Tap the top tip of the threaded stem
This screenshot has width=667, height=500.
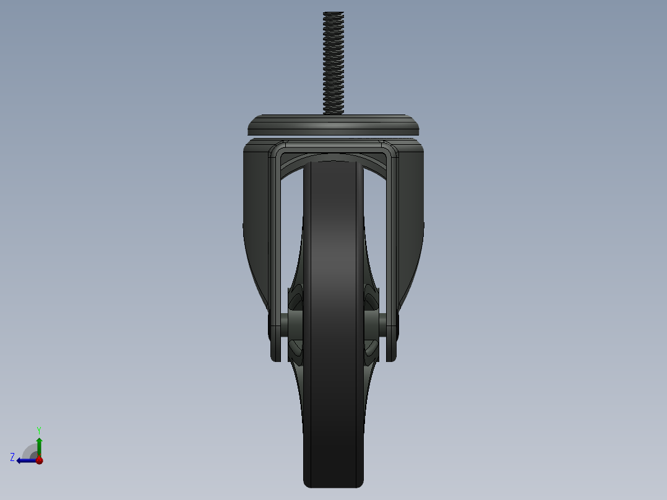(333, 14)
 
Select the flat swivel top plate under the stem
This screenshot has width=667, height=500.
(333, 126)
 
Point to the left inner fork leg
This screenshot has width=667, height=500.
(275, 248)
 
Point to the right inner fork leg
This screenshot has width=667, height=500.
(392, 248)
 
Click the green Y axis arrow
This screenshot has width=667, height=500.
(39, 444)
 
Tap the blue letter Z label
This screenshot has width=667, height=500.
(12, 457)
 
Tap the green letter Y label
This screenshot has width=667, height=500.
(38, 429)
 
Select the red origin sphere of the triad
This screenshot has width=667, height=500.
(39, 460)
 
